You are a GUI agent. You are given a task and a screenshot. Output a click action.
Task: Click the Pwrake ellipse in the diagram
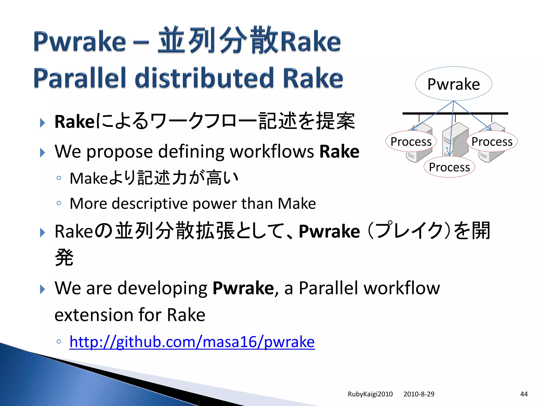point(453,84)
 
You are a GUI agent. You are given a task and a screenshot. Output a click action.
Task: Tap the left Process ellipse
point(411,141)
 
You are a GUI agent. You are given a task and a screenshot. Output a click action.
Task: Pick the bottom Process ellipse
point(449,167)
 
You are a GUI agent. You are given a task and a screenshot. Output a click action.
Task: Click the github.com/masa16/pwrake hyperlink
point(192,342)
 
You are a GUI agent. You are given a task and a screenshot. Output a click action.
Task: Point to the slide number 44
point(524,394)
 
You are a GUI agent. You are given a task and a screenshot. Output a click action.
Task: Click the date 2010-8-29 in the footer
point(419,394)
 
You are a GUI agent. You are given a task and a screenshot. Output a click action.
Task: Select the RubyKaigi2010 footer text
point(370,394)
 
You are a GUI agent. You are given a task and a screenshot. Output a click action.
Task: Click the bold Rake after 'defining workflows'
point(339,151)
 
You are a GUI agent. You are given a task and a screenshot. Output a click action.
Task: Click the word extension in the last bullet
point(94,315)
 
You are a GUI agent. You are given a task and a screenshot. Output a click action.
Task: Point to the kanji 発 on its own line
point(64,257)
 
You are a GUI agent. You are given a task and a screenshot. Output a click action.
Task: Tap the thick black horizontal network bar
point(455,113)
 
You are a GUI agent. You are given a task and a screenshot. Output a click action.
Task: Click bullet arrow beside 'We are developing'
point(42,289)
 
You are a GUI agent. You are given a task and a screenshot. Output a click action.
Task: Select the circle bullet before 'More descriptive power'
point(59,203)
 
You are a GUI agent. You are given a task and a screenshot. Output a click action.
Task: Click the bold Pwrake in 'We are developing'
point(243,288)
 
